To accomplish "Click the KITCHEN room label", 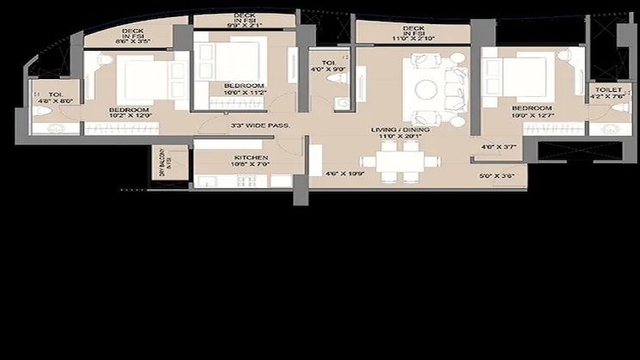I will click(x=252, y=158).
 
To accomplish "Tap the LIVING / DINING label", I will click(x=395, y=131).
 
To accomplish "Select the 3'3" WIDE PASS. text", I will click(x=259, y=126).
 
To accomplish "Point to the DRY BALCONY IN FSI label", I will click(x=162, y=163).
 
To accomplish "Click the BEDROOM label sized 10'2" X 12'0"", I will click(x=129, y=111).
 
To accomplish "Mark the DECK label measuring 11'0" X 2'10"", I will click(x=414, y=34).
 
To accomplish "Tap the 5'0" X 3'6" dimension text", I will click(x=496, y=177).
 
